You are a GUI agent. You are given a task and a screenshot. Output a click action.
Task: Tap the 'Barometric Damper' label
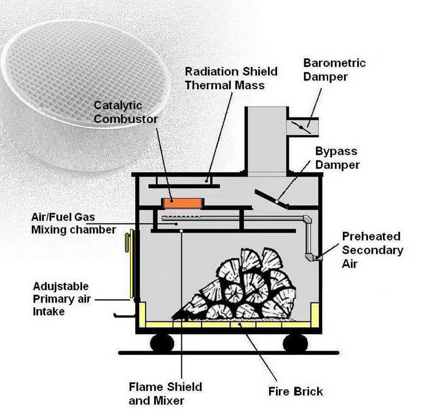tap(334, 69)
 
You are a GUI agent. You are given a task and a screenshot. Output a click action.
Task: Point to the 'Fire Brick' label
tap(296, 391)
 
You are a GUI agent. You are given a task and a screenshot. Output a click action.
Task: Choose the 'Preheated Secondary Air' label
tap(372, 250)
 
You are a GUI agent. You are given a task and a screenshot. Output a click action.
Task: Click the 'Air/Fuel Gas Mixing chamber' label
tap(73, 223)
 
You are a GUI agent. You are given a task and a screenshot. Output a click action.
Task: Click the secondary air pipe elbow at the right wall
tap(312, 254)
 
